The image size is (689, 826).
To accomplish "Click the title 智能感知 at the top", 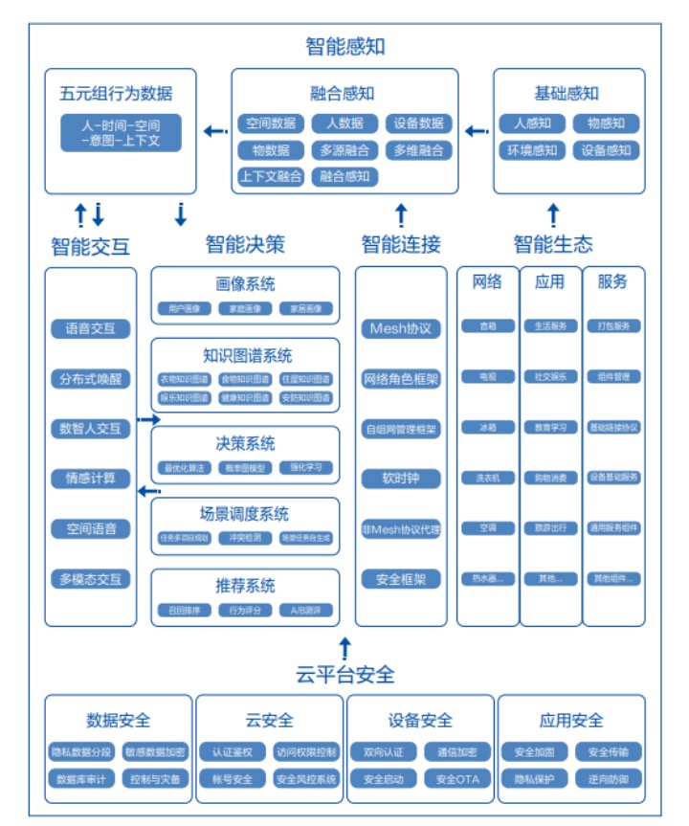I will point(344,46).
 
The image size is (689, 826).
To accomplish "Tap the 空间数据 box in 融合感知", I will point(271,123).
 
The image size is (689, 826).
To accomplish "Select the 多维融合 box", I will point(419,150).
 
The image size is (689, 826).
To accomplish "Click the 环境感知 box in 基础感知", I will point(532,150).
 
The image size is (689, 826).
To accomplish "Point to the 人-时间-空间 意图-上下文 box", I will point(121,133).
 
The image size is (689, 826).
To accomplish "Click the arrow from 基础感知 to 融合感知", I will point(475,131).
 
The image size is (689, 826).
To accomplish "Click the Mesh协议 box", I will point(401,328).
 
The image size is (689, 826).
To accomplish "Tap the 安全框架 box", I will point(401,578).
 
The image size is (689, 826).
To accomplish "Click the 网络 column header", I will point(487,281).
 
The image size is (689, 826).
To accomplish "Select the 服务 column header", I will point(612,281).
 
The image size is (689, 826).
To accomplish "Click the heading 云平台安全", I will point(344,675).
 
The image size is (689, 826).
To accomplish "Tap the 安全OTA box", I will point(457,779).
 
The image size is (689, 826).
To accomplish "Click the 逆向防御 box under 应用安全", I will point(609,779).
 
